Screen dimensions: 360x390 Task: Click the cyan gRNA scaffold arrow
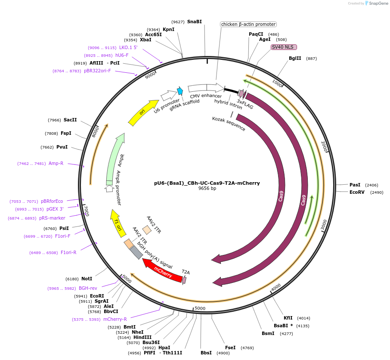click(x=180, y=91)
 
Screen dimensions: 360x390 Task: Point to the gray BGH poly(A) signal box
click(x=136, y=252)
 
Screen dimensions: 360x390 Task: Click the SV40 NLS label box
click(x=284, y=47)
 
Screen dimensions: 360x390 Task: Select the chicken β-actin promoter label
click(x=248, y=24)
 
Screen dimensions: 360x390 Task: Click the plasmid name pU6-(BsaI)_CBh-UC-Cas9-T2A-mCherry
click(x=207, y=183)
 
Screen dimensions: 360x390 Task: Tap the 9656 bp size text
click(x=207, y=189)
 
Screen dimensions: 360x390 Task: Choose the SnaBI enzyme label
click(x=195, y=22)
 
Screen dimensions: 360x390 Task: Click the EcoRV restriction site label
click(x=357, y=192)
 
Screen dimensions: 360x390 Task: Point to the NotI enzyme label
click(x=87, y=279)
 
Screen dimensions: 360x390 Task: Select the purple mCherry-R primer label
click(x=115, y=319)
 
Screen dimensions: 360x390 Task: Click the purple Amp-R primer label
click(x=56, y=163)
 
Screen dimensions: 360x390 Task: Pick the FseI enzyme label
click(x=230, y=348)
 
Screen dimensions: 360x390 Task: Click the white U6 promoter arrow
click(x=168, y=94)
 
